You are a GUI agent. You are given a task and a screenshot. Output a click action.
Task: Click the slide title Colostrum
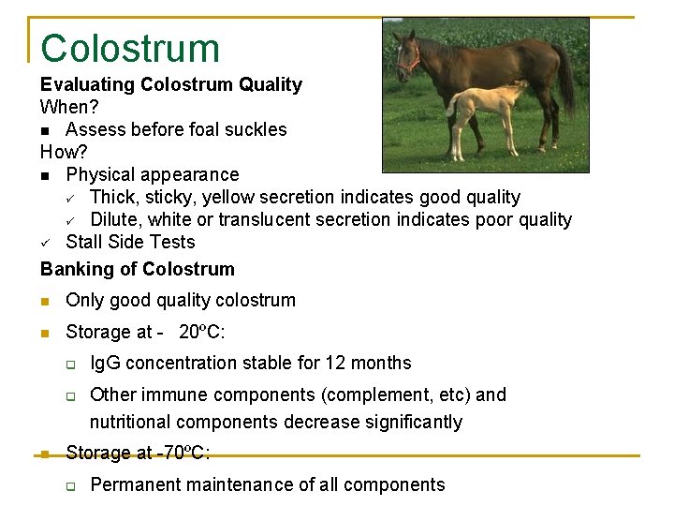129,49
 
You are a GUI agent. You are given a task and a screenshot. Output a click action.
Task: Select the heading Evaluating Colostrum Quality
171,84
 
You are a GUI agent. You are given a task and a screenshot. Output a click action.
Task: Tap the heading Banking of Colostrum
138,269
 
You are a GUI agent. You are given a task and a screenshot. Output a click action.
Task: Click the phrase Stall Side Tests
130,242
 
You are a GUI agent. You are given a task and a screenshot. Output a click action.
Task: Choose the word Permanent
132,484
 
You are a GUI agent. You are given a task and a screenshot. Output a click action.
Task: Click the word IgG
105,363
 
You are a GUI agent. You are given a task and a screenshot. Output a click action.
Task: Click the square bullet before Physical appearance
46,175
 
